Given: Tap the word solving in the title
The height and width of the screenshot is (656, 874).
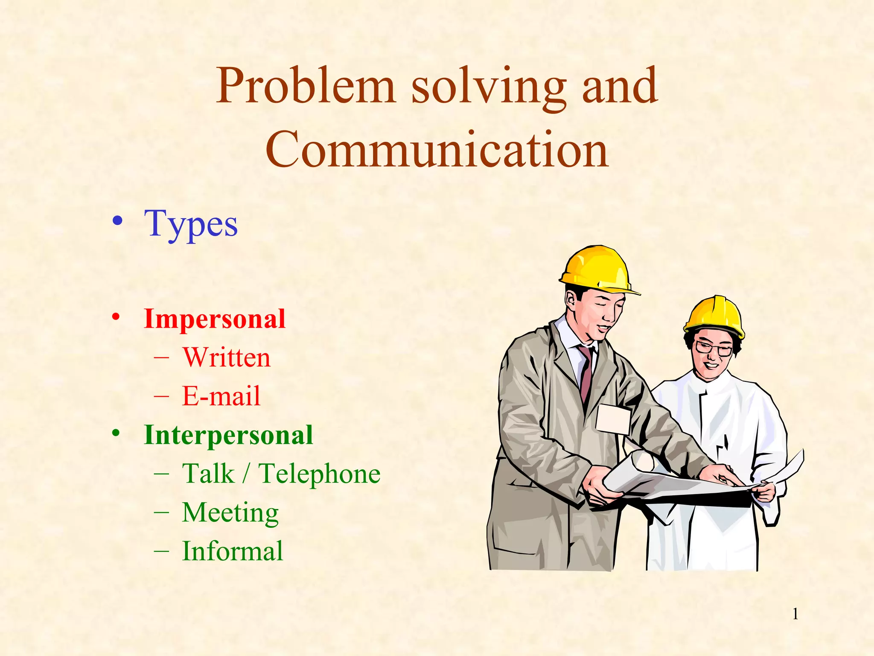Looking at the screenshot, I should tap(489, 87).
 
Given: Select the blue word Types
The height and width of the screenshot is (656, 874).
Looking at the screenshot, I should tap(191, 224).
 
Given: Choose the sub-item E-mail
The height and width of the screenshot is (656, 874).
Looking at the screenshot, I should tap(221, 395).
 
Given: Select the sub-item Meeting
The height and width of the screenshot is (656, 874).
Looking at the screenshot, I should tap(230, 512).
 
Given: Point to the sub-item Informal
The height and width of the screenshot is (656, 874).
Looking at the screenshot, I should tap(233, 551).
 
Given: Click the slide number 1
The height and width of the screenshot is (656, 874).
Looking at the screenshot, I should tap(795, 614).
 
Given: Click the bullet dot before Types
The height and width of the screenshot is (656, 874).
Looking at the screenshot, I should tap(117, 221).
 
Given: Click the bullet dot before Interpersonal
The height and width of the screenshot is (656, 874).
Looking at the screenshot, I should tap(116, 433).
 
